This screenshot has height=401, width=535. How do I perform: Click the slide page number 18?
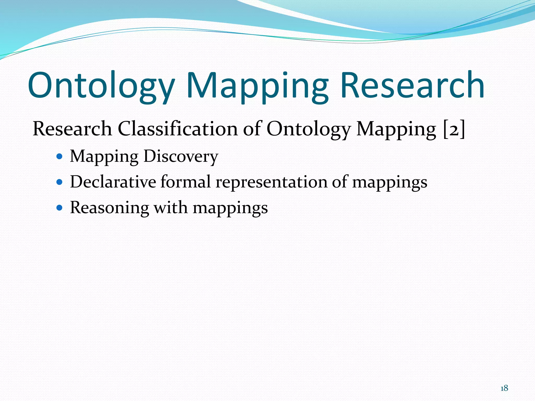click(504, 388)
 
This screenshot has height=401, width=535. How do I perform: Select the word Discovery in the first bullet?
click(181, 156)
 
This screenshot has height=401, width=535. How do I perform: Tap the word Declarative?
click(113, 182)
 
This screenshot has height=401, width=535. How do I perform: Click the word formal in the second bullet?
click(185, 182)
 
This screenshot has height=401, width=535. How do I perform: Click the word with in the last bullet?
click(171, 208)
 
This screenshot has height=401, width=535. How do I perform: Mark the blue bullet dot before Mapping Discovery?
click(60, 157)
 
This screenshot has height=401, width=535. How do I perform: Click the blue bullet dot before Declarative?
click(60, 182)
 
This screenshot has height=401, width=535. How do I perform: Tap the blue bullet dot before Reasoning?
click(60, 208)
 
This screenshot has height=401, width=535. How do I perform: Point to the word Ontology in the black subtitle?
click(309, 129)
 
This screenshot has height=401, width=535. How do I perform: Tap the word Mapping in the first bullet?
click(104, 157)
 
